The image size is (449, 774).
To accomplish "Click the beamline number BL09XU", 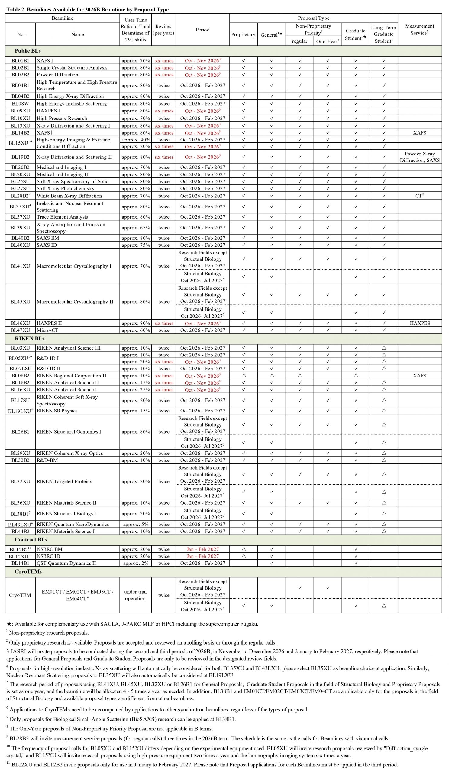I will pyautogui.click(x=20, y=111).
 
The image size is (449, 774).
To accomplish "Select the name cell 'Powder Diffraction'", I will pyautogui.click(x=57, y=75).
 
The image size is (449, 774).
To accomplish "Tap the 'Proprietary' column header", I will pyautogui.click(x=243, y=34).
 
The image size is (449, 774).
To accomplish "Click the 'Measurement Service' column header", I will pyautogui.click(x=419, y=30).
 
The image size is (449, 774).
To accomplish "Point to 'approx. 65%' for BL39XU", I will pyautogui.click(x=136, y=228).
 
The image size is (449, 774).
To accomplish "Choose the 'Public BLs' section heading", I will pyautogui.click(x=27, y=51).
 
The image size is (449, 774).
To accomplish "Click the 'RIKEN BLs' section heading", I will pyautogui.click(x=30, y=338).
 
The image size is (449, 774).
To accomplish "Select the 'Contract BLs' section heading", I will pyautogui.click(x=31, y=540).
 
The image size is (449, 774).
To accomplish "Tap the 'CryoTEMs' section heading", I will pyautogui.click(x=28, y=572).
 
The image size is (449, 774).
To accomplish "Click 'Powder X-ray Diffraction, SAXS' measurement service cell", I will pyautogui.click(x=419, y=157).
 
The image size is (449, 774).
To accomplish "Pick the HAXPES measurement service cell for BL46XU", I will pyautogui.click(x=419, y=323).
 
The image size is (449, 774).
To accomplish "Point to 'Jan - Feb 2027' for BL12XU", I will pyautogui.click(x=202, y=556).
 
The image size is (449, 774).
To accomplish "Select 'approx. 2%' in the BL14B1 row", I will pyautogui.click(x=136, y=563).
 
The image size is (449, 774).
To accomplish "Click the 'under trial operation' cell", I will pyautogui.click(x=135, y=595).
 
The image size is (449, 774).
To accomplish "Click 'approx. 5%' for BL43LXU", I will pyautogui.click(x=136, y=524).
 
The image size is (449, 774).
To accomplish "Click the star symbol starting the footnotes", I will pyautogui.click(x=9, y=624).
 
